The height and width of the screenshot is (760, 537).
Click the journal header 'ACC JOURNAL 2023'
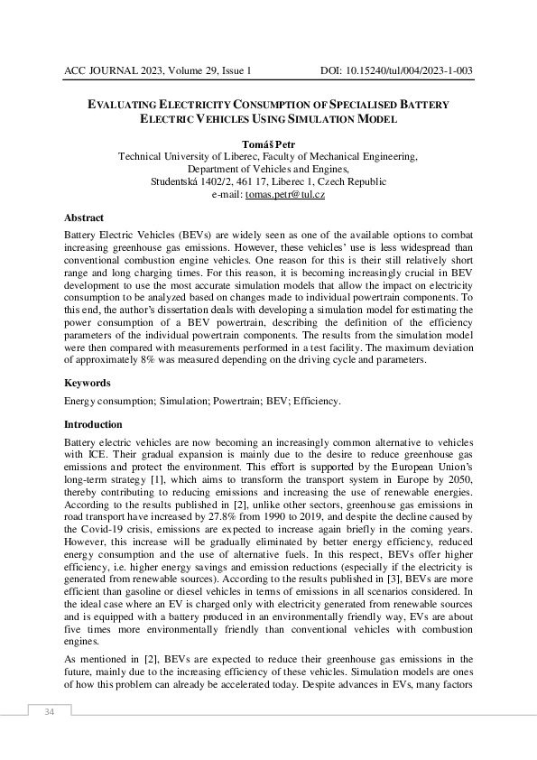pos(113,70)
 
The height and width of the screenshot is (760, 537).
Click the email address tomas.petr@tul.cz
pos(281,194)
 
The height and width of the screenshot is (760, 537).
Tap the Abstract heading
pos(84,218)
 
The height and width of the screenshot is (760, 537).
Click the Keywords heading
pos(88,383)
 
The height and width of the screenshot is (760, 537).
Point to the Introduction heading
pos(96,424)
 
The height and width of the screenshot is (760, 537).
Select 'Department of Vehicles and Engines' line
pos(268,169)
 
